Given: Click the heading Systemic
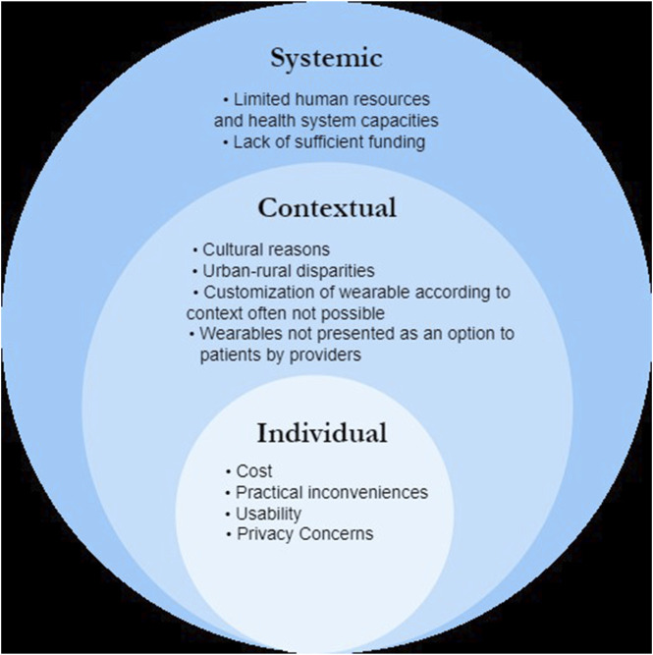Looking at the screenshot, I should [325, 59].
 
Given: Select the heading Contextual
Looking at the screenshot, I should [326, 208].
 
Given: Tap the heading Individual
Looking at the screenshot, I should [322, 433].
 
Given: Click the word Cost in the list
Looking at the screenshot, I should [254, 471].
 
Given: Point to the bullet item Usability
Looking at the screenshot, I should [268, 514].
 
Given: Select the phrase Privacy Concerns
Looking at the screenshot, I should [305, 534].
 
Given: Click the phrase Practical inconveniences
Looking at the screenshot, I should [332, 492].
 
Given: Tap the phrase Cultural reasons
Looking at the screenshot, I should [267, 249].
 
